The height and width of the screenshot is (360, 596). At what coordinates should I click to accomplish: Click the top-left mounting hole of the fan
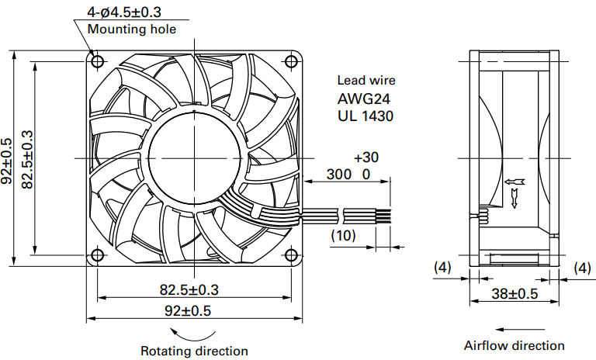coord(98,61)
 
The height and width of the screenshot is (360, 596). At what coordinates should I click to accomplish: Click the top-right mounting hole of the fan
coord(291,61)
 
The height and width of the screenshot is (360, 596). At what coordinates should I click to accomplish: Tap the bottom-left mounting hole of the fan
coord(98,255)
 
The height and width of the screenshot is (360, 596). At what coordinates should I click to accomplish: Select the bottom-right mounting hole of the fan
coord(291,255)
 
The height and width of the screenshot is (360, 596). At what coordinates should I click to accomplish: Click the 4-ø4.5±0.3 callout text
coord(124,12)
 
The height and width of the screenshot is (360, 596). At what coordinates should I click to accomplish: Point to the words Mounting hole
coord(132,29)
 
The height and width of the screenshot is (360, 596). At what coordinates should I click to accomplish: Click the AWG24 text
coord(364,99)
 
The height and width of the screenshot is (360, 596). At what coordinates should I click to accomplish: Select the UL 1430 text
coord(366,116)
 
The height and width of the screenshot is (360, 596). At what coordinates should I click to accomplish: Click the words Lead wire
coord(366,80)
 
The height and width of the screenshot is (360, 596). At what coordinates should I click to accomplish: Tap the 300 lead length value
coord(339,174)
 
